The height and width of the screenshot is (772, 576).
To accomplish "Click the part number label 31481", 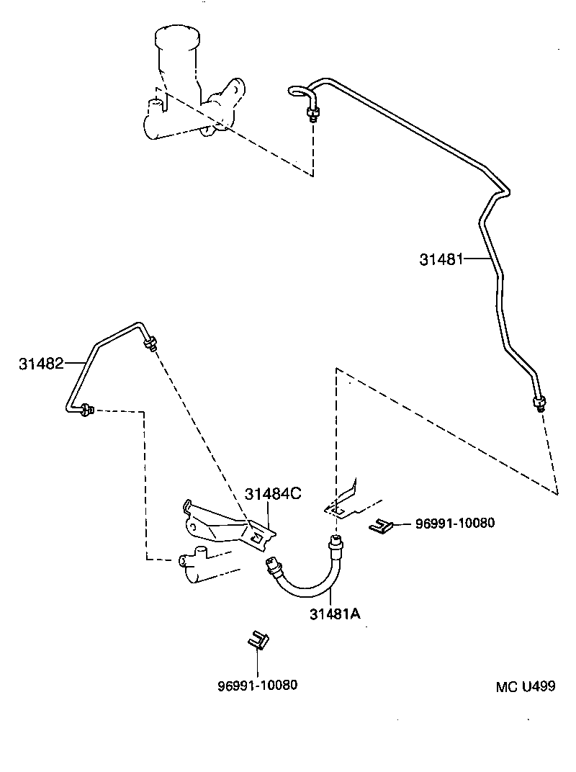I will [x=441, y=259].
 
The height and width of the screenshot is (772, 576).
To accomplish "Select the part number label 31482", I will [x=41, y=364].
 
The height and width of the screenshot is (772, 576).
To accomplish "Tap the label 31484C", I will [x=272, y=494].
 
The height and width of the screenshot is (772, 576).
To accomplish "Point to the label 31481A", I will [x=335, y=614].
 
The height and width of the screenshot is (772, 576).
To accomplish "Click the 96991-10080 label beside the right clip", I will [x=455, y=524].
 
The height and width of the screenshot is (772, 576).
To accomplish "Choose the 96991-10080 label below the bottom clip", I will [x=257, y=685].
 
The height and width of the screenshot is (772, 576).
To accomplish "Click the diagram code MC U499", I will [x=525, y=686].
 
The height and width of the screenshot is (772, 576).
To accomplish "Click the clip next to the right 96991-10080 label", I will [x=379, y=527].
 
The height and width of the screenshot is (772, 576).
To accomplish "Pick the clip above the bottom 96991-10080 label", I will [x=258, y=639].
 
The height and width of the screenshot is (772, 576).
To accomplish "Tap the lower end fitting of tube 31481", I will [x=539, y=403].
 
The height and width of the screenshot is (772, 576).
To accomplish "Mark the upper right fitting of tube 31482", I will [x=151, y=344].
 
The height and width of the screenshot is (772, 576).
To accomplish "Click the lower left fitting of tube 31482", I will [x=86, y=410].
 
